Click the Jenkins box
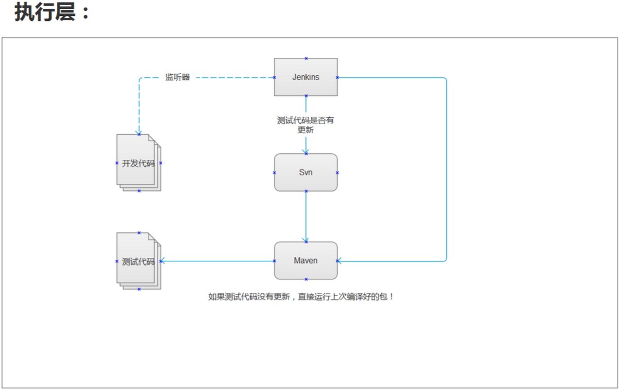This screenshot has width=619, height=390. (x=305, y=77)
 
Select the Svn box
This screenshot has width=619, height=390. (x=305, y=172)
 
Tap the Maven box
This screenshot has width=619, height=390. (x=305, y=260)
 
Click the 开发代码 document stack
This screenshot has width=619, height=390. (x=138, y=163)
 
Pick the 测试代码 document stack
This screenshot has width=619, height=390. (x=138, y=261)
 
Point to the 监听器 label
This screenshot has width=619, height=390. (x=178, y=77)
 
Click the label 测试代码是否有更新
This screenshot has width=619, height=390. (x=305, y=125)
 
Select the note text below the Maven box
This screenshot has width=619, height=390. (x=301, y=297)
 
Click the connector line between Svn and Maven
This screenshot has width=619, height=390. (x=306, y=215)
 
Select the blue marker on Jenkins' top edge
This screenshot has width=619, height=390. (x=306, y=58)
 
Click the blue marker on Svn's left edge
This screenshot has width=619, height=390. (x=274, y=173)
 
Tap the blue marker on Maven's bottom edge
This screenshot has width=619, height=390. (x=306, y=279)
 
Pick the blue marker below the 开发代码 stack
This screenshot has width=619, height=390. (x=139, y=191)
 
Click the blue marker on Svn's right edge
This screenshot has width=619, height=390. (x=337, y=173)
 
